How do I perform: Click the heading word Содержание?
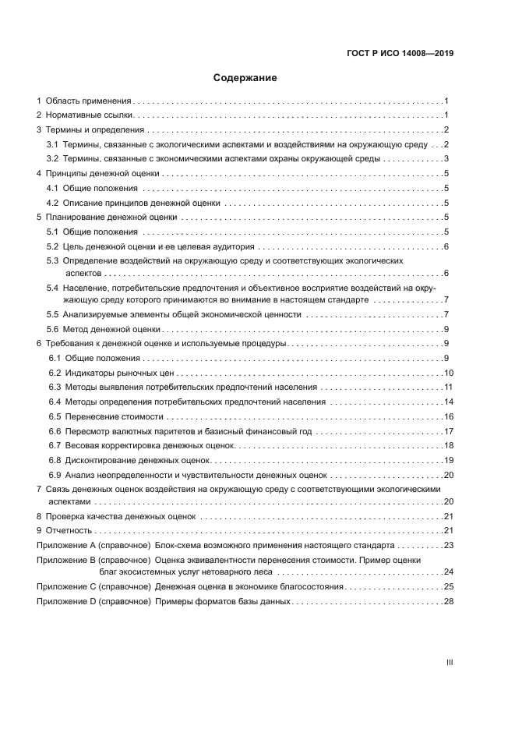coord(245,78)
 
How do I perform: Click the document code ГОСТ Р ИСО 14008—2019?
coord(400,54)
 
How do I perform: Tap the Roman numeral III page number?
coord(450,662)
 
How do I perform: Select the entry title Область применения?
coord(88,101)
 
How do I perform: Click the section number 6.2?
coord(55,373)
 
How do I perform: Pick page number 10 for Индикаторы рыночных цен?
coord(449,373)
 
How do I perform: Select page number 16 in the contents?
coord(449,416)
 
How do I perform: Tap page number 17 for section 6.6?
coord(449,431)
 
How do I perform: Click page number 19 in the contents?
coord(449,460)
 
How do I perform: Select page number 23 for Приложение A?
coord(449,546)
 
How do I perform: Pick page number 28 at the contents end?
coord(449,601)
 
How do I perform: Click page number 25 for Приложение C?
coord(449,586)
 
